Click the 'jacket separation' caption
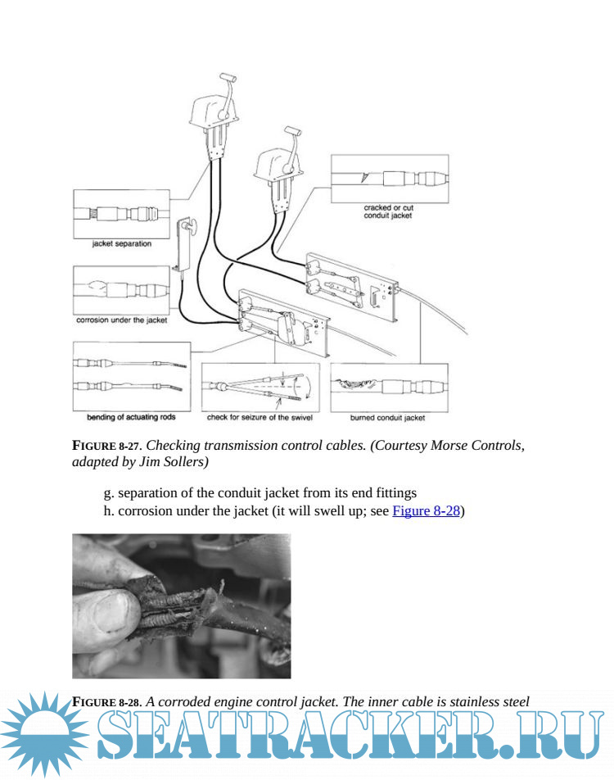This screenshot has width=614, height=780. pos(121,243)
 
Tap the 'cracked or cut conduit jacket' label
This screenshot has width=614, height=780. pos(388,211)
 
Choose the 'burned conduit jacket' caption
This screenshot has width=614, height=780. pos(388,418)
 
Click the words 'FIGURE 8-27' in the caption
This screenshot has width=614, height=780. pos(106,446)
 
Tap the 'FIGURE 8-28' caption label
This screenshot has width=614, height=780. pos(106,701)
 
